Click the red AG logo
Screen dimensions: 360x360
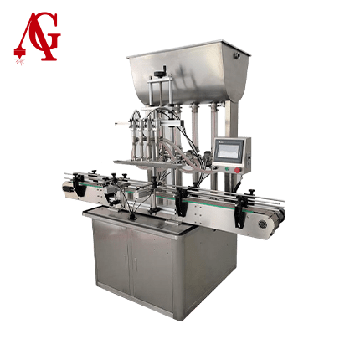pyautogui.click(x=36, y=36)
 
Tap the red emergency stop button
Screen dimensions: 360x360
pyautogui.click(x=237, y=170)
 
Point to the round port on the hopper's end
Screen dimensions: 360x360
pyautogui.click(x=238, y=55)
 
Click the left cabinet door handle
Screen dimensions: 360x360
pyautogui.click(x=126, y=260)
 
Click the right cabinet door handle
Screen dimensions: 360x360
pyautogui.click(x=135, y=264)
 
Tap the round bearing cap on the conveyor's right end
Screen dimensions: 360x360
pyautogui.click(x=262, y=224)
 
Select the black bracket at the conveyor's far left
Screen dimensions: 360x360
pyautogui.click(x=79, y=183)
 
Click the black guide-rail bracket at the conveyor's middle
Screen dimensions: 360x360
pyautogui.click(x=181, y=203)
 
